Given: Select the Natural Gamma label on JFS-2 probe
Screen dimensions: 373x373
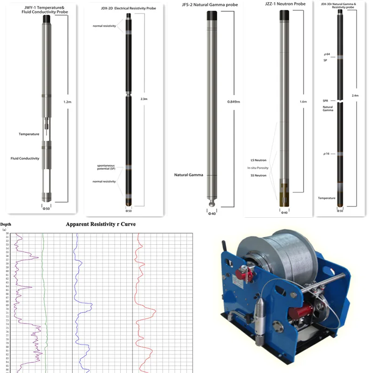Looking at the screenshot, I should point(188,175).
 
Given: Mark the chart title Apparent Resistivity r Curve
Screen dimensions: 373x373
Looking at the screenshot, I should point(101,224).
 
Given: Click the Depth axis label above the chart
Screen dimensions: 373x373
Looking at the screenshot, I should point(6,224).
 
